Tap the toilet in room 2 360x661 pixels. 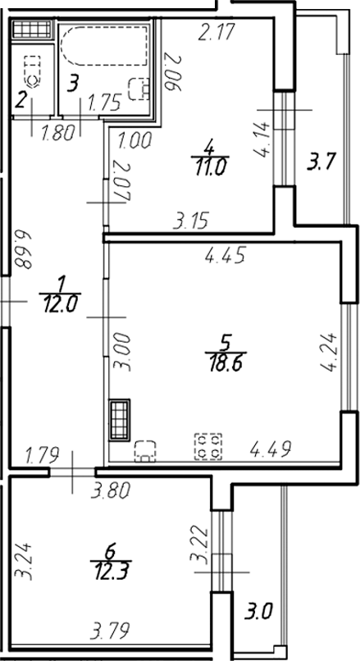pos(32,73)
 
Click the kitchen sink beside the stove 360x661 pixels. pos(145,450)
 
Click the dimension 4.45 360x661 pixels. pos(221,256)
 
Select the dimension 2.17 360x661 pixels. pos(217,34)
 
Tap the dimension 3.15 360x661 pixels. pos(189,220)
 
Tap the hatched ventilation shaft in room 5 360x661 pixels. pos(120,419)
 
